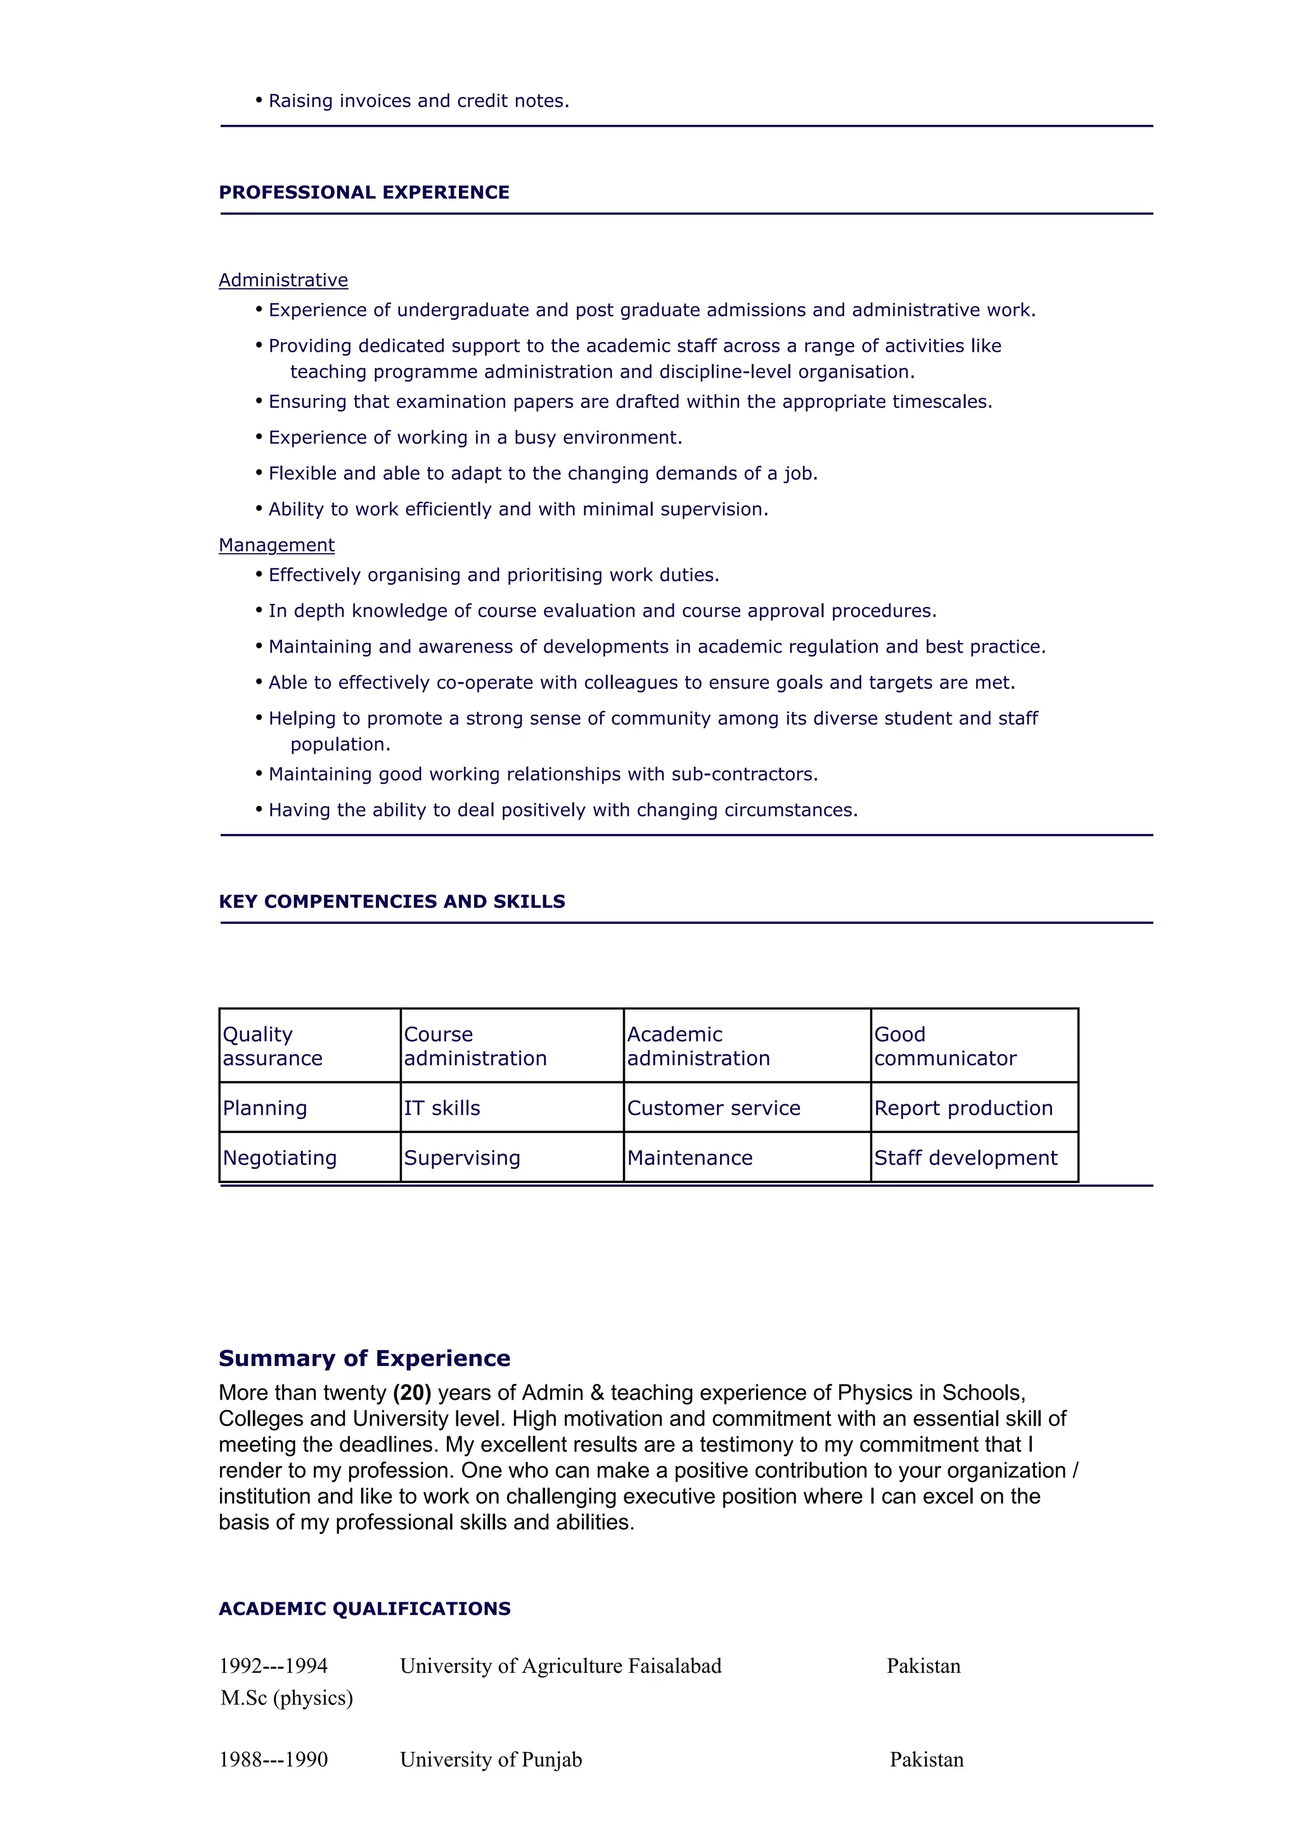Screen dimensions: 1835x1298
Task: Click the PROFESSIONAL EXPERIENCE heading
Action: pyautogui.click(x=364, y=193)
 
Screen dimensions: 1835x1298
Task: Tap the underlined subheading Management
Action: pyautogui.click(x=276, y=545)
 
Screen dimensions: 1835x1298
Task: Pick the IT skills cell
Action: pyautogui.click(x=442, y=1108)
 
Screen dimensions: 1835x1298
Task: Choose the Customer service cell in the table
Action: pyautogui.click(x=713, y=1108)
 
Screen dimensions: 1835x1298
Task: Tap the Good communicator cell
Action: pyautogui.click(x=945, y=1045)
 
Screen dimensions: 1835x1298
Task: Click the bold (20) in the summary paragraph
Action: pyautogui.click(x=411, y=1392)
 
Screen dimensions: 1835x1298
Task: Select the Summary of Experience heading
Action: pyautogui.click(x=364, y=1359)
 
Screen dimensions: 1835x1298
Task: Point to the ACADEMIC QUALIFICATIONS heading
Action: pyautogui.click(x=364, y=1609)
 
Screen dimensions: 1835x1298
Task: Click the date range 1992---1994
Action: pyautogui.click(x=273, y=1666)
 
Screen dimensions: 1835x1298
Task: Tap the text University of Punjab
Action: pyautogui.click(x=491, y=1760)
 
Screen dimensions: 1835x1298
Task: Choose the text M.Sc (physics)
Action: pyautogui.click(x=286, y=1698)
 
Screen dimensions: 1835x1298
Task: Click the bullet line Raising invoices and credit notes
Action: pyautogui.click(x=418, y=101)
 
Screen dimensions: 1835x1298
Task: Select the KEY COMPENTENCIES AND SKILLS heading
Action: pyautogui.click(x=392, y=902)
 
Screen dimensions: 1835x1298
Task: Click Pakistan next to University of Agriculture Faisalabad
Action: pyautogui.click(x=923, y=1666)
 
